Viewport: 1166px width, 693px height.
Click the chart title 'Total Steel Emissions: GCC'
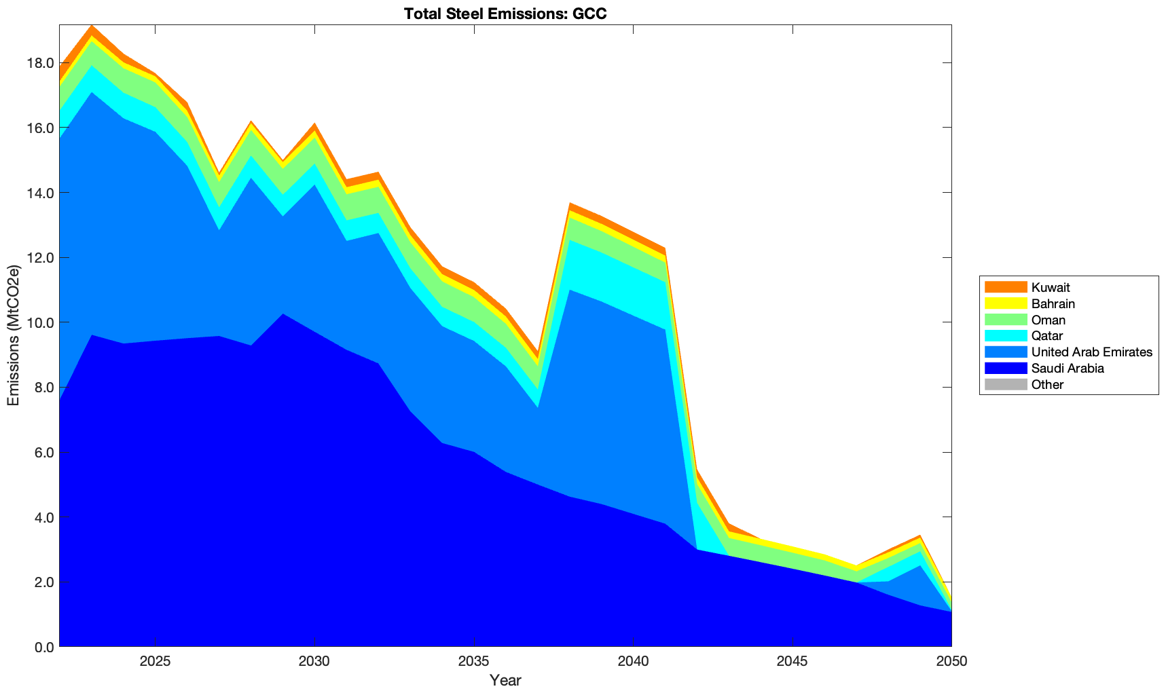tap(505, 14)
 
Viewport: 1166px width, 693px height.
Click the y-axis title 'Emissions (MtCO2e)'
tap(14, 335)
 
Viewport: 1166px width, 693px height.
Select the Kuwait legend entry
tap(1050, 288)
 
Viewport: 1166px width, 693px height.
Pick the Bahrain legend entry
tap(1053, 304)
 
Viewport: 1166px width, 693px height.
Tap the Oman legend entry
tap(1048, 320)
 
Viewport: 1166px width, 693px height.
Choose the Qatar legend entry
tap(1046, 336)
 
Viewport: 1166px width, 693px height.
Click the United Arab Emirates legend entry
tap(1091, 352)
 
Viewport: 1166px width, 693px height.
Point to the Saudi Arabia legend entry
tap(1067, 369)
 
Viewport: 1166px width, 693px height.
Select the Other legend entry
tap(1047, 385)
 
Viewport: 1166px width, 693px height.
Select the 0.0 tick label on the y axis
tap(43, 647)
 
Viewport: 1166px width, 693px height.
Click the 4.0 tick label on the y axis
tap(43, 517)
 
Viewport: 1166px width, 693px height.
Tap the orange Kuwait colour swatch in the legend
tap(1005, 288)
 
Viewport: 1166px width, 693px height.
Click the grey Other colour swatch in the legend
tap(1005, 385)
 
